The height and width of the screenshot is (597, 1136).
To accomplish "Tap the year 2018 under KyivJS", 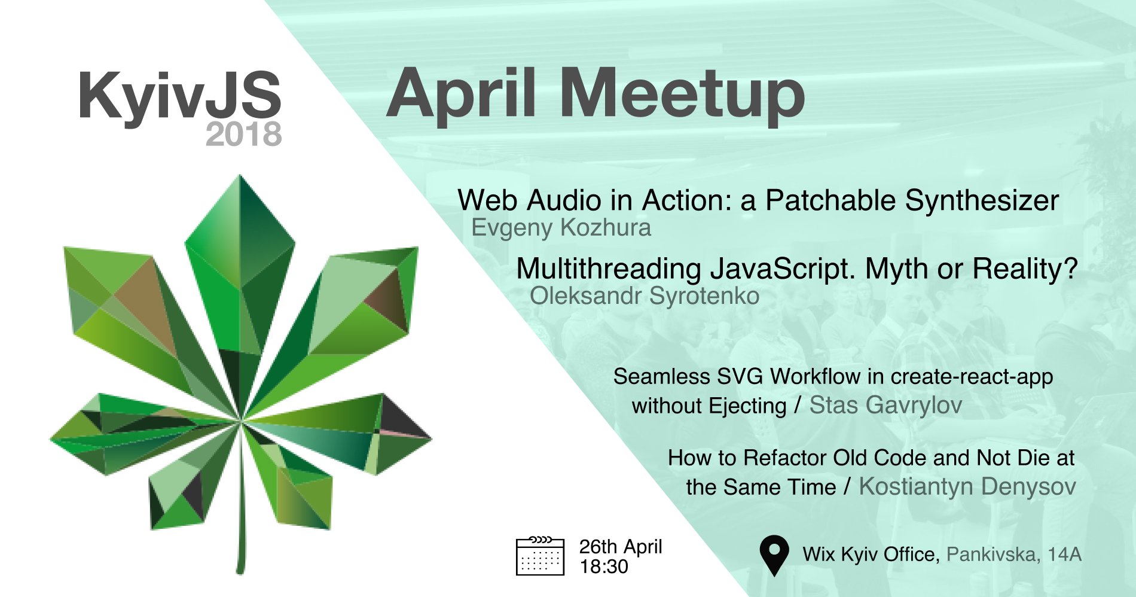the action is point(243,134).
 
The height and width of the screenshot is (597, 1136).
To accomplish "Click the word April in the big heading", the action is point(460,96).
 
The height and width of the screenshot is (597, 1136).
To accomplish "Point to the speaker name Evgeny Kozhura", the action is point(561,228).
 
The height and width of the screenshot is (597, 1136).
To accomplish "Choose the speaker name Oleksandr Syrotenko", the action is point(645,296).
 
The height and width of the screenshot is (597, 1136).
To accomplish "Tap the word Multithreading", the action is point(609,270).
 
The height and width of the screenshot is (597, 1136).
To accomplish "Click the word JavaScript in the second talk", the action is point(783,270).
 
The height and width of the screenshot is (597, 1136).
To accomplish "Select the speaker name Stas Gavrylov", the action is point(885,406).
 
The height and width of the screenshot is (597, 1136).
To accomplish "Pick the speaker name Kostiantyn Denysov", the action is point(967,487).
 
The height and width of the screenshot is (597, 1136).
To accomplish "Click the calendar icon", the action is point(540,556).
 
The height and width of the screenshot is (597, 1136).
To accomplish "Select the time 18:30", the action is point(604,566).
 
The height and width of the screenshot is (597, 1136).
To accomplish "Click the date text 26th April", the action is point(621,547).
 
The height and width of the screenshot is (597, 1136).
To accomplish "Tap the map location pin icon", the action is point(774,554).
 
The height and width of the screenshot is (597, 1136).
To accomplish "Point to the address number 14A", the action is point(1065,555).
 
